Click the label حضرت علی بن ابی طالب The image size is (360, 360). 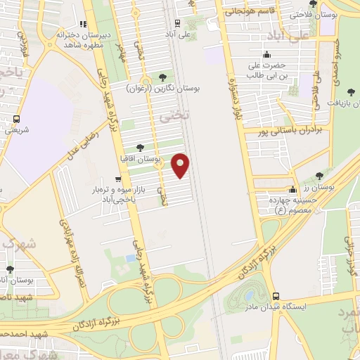[268, 70]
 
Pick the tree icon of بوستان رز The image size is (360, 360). [320, 176]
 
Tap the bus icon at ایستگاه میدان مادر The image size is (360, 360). [275, 296]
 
